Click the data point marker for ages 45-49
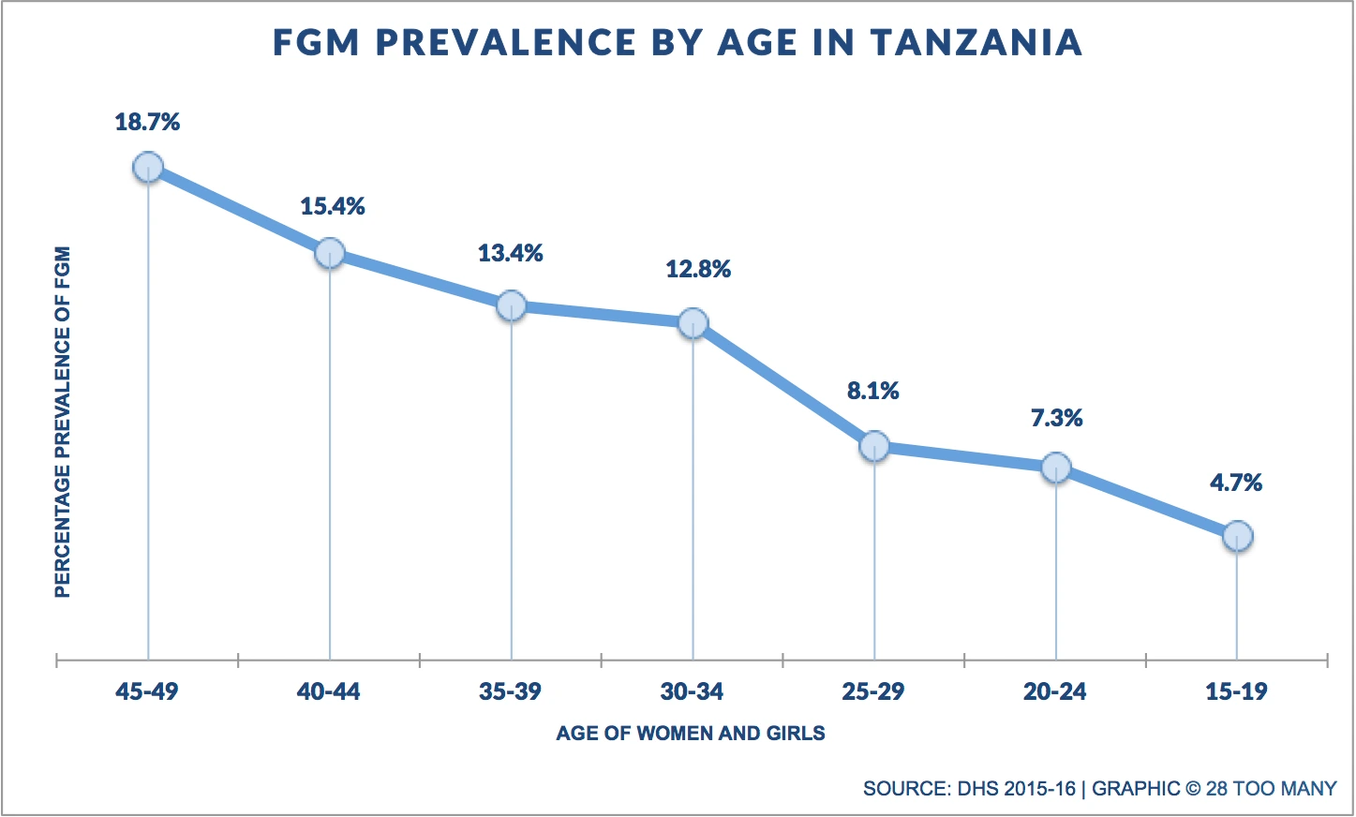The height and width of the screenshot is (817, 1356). (x=148, y=168)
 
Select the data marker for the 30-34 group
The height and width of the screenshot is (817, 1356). (x=693, y=323)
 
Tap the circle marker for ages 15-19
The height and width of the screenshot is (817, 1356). (x=1237, y=536)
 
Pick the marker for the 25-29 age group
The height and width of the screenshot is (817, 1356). (x=874, y=446)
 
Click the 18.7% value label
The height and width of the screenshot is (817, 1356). (x=147, y=122)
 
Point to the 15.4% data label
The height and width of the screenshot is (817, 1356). (x=333, y=206)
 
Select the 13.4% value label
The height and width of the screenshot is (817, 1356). (x=511, y=253)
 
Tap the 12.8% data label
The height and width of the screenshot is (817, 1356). (x=698, y=270)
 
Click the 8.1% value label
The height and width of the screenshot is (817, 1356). (x=873, y=391)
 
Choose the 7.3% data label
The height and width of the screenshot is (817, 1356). (x=1057, y=418)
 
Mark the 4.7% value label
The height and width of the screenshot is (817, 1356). (x=1236, y=483)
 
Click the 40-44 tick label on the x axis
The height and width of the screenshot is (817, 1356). (x=328, y=692)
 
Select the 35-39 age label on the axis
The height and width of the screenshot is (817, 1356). (x=510, y=692)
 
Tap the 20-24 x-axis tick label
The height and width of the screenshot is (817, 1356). (x=1055, y=692)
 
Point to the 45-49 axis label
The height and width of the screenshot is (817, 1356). (x=147, y=692)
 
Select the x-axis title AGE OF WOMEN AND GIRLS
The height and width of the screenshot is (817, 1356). (x=691, y=734)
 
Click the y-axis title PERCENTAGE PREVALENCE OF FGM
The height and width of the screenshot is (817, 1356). (x=63, y=422)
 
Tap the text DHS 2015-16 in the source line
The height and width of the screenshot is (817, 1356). (x=1017, y=789)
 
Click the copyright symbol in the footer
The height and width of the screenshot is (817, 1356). (x=1192, y=789)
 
